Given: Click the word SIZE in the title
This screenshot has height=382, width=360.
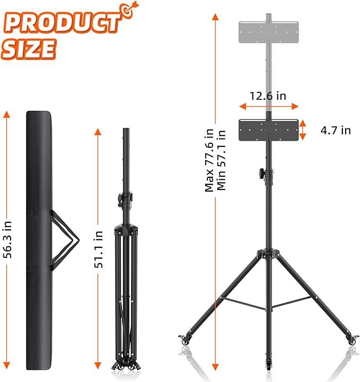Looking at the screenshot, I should point(29,49).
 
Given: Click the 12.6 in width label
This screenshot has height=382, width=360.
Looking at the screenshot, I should point(268,96).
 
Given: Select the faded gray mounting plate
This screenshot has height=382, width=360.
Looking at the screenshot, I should point(268,33).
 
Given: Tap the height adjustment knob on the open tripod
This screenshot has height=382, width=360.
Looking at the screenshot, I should point(263,173).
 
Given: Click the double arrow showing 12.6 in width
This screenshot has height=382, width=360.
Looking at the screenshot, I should point(268,106).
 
